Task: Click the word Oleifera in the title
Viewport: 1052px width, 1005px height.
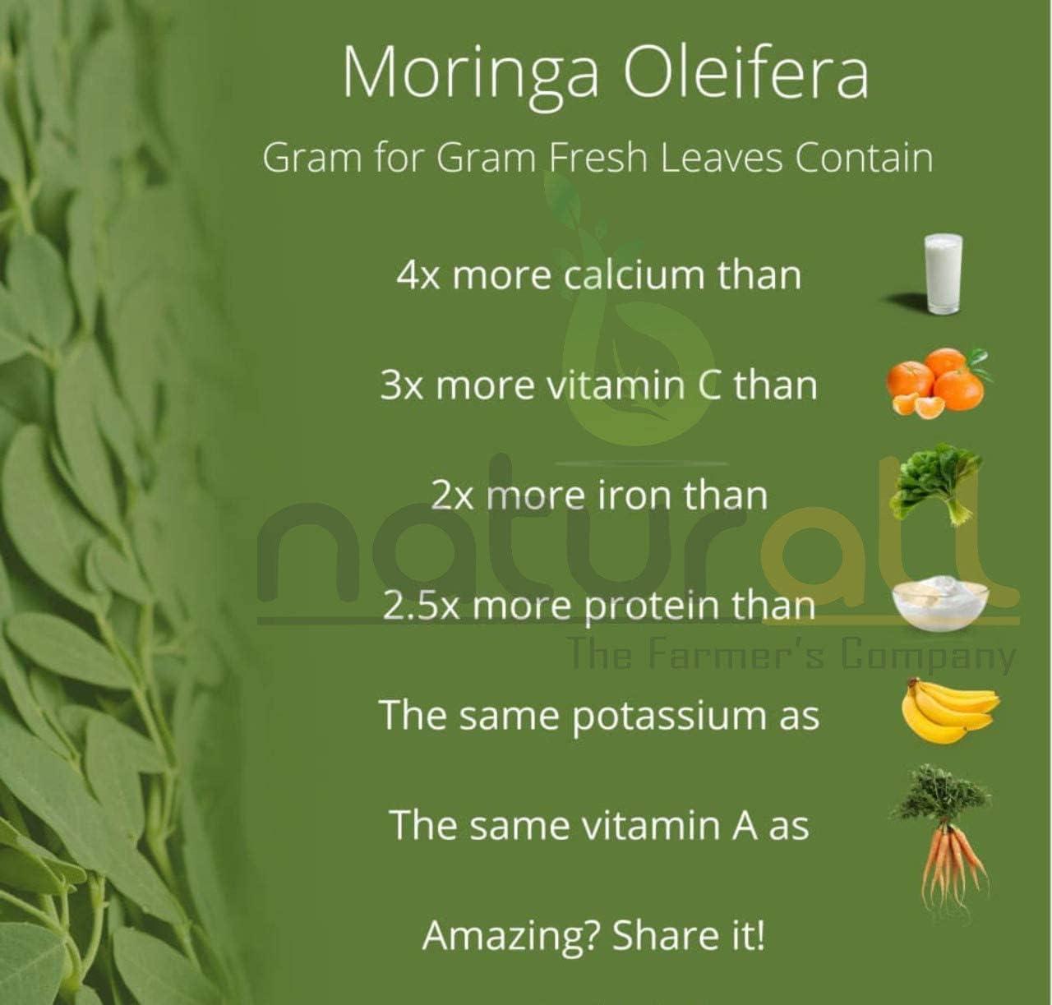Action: point(745,72)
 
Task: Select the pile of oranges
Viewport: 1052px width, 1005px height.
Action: point(938,382)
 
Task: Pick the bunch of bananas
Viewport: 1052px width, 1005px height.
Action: point(948,711)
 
